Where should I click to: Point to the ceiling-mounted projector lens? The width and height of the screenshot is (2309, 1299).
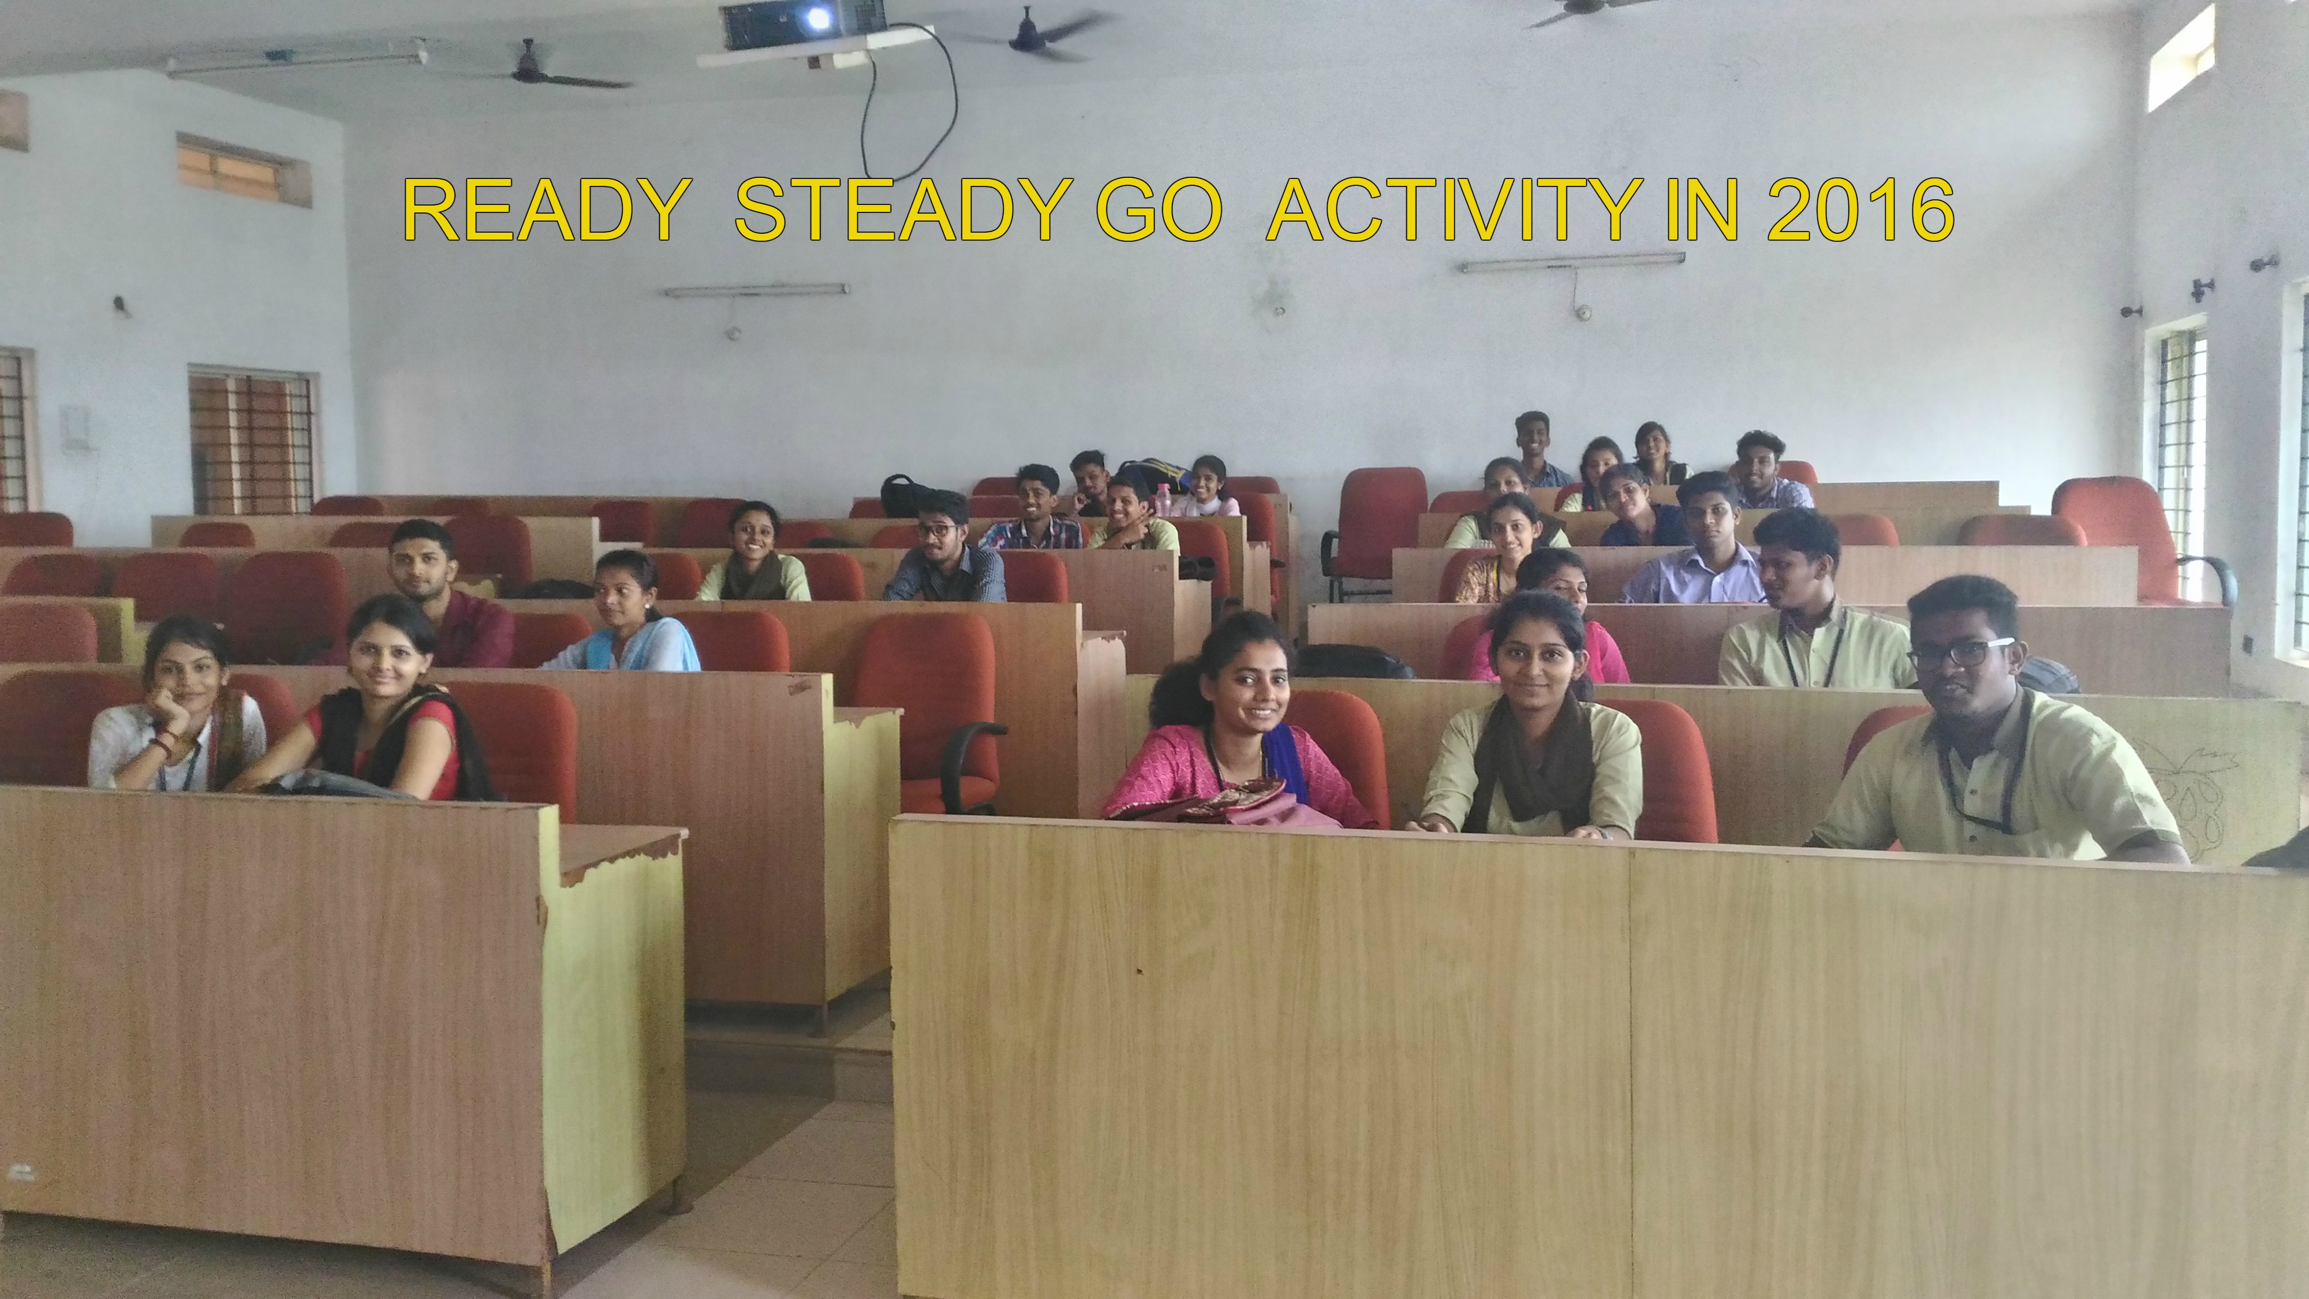pos(817,16)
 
